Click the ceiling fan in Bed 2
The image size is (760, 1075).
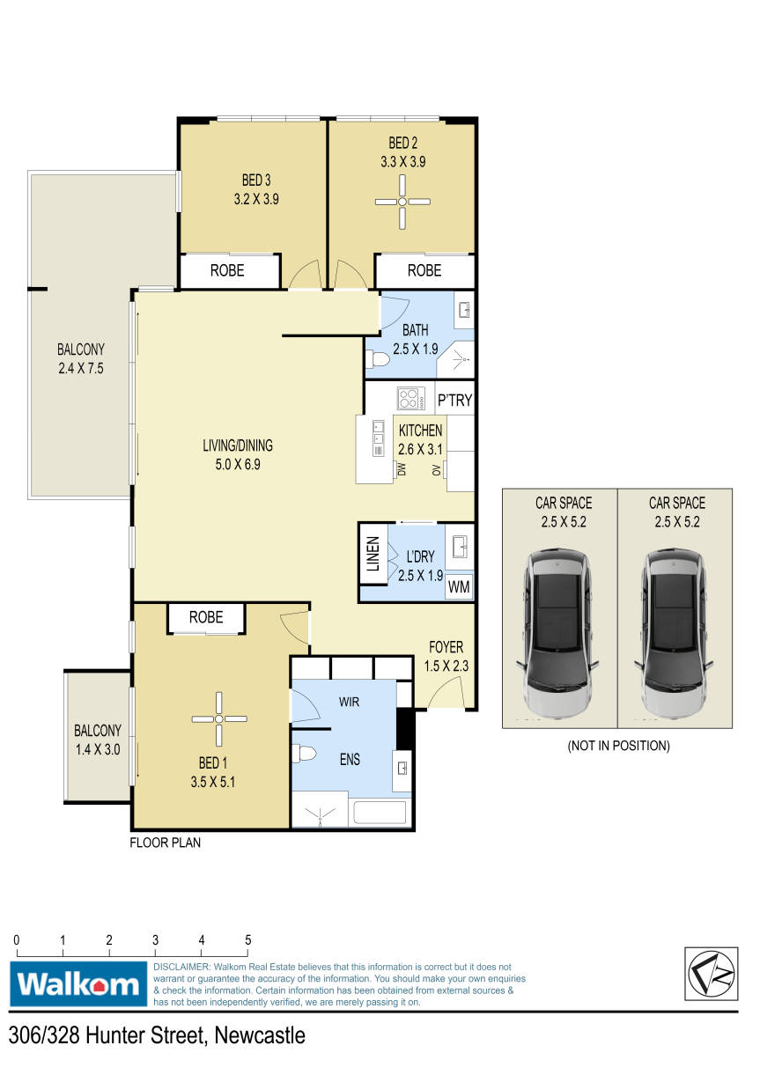point(402,202)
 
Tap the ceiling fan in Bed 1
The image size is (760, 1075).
point(219,719)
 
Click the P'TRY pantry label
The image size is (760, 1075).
point(454,400)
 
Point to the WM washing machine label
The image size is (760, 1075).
point(459,586)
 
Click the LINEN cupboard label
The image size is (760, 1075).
point(373,553)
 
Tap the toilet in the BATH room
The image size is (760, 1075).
point(377,358)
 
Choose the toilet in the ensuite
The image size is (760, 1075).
point(304,754)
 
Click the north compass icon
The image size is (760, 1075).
point(711,975)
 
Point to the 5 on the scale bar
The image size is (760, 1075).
point(247,940)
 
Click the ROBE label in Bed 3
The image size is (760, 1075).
point(227,270)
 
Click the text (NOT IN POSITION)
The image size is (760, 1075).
point(618,746)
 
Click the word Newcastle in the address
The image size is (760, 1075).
point(260,1035)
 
